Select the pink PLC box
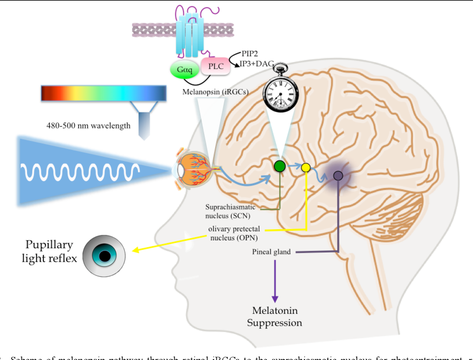tap(216, 66)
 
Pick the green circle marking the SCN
tap(280, 166)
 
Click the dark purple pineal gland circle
tap(338, 176)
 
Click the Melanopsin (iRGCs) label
tap(215, 92)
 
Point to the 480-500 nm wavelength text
tap(89, 125)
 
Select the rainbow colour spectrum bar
tap(103, 93)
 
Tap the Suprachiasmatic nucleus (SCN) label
tap(230, 211)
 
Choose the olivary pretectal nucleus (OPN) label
tap(234, 233)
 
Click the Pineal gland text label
tap(271, 252)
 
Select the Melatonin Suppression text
tap(275, 317)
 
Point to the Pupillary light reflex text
tap(49, 251)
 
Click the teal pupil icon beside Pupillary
tap(104, 256)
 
